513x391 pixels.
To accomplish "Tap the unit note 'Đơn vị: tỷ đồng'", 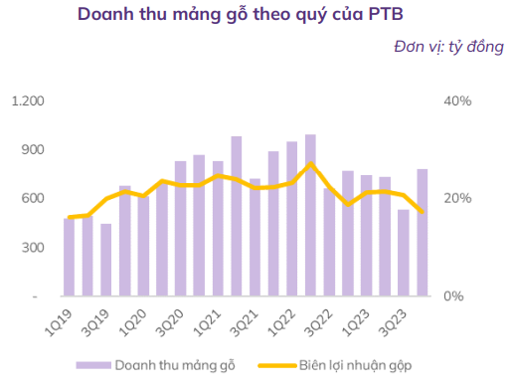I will pyautogui.click(x=444, y=47).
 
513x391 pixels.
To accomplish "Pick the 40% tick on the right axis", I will pyautogui.click(x=456, y=101).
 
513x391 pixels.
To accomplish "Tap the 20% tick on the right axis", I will pyautogui.click(x=456, y=199).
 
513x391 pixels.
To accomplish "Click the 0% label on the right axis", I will pyautogui.click(x=452, y=296).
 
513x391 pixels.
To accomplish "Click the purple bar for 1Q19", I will pyautogui.click(x=69, y=257).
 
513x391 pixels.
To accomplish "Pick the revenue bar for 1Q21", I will pyautogui.click(x=218, y=229).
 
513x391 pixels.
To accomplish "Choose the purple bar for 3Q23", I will pyautogui.click(x=404, y=253).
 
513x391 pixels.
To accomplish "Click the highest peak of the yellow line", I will pyautogui.click(x=311, y=163).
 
